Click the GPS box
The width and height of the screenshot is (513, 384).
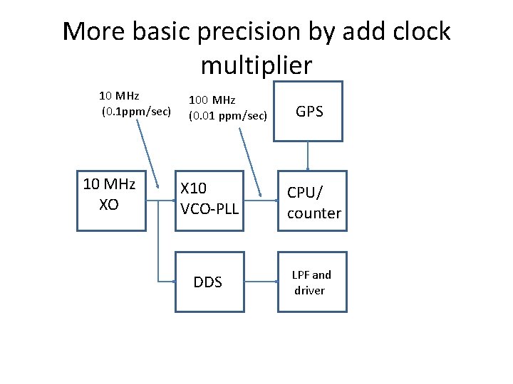click(x=309, y=111)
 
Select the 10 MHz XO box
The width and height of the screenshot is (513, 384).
click(x=110, y=201)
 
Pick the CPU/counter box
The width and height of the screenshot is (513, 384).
click(x=312, y=201)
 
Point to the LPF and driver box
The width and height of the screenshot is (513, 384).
click(x=312, y=282)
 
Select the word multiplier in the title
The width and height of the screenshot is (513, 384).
click(x=256, y=65)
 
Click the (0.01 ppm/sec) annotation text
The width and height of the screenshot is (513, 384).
click(x=227, y=114)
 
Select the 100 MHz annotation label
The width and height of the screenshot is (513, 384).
click(x=212, y=100)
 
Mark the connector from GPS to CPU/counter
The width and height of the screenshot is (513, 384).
click(x=308, y=156)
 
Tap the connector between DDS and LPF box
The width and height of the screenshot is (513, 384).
click(x=260, y=282)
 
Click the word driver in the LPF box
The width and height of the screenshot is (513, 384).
click(x=309, y=290)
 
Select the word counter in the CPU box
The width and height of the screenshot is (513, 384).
click(x=314, y=213)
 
